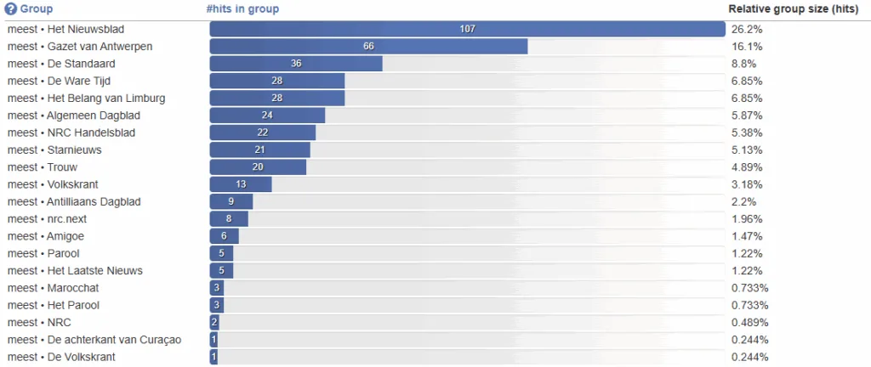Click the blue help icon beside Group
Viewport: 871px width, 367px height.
pyautogui.click(x=11, y=9)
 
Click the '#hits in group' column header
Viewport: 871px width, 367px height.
pyautogui.click(x=242, y=9)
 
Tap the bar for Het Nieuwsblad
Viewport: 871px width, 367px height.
pyautogui.click(x=467, y=29)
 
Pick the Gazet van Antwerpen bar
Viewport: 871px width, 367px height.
pyautogui.click(x=368, y=46)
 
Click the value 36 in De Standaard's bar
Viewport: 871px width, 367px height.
pyautogui.click(x=296, y=64)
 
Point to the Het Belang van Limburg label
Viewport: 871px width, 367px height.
pyautogui.click(x=86, y=98)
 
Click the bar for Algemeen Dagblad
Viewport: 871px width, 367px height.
pyautogui.click(x=267, y=116)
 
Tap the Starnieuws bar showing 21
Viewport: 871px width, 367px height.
pyautogui.click(x=259, y=150)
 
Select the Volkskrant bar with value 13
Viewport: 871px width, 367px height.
pyautogui.click(x=241, y=184)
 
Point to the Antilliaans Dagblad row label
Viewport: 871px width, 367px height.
pyautogui.click(x=74, y=201)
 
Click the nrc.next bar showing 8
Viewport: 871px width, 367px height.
pyautogui.click(x=229, y=219)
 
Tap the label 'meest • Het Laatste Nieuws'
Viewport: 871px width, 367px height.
pyautogui.click(x=75, y=270)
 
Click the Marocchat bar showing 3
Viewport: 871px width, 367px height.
pyautogui.click(x=217, y=288)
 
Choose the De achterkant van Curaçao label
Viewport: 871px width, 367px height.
pyautogui.click(x=94, y=340)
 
